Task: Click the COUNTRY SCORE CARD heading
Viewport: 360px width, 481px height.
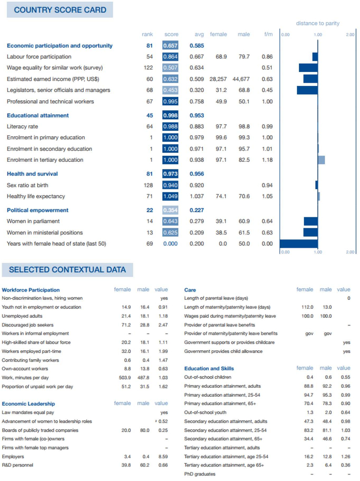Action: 60,10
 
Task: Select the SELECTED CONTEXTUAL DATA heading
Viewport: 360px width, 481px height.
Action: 67,270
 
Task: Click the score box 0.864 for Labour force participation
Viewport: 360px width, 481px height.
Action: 170,57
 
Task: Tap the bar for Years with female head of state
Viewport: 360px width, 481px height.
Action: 299,244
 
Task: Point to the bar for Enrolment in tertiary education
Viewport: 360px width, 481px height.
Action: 321,160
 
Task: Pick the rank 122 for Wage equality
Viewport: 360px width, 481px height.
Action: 148,68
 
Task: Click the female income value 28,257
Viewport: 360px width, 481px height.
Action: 218,79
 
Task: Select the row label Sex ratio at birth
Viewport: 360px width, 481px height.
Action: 27,185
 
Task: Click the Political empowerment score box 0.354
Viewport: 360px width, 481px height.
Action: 170,210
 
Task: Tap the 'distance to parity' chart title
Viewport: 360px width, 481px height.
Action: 318,23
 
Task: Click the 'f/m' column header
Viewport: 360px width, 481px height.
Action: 268,34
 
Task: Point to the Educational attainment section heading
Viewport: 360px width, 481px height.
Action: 38,116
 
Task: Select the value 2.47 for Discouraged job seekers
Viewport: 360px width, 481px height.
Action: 163,325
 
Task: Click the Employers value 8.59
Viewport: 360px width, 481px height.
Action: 163,457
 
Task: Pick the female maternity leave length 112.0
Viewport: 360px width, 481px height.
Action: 307,307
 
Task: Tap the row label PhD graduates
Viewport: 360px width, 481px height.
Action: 199,474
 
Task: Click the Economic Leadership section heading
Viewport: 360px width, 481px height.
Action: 28,404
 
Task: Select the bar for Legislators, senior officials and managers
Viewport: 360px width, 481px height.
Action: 307,90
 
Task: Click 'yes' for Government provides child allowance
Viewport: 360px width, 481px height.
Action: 347,351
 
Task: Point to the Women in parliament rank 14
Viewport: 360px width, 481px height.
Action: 150,222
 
